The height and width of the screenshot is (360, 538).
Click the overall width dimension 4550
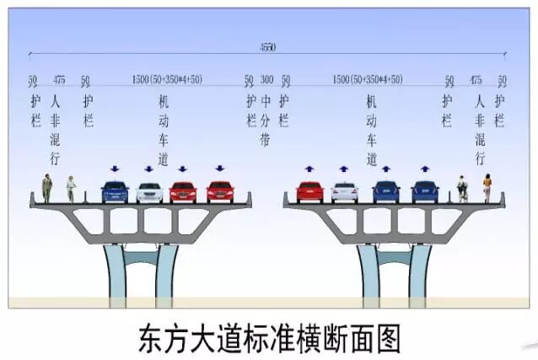click(267, 47)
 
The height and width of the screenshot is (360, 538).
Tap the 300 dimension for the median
click(266, 80)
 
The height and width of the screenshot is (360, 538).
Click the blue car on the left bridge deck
click(115, 192)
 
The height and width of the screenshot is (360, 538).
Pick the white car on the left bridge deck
click(149, 193)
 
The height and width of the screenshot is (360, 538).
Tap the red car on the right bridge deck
click(309, 192)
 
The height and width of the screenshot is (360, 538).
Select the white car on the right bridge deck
click(344, 193)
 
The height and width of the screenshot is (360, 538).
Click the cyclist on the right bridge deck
click(462, 189)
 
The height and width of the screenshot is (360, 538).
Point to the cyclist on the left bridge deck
click(71, 189)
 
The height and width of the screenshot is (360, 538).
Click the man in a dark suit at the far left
click(47, 187)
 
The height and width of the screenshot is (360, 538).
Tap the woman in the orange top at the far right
click(487, 187)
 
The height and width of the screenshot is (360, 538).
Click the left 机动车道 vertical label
click(163, 123)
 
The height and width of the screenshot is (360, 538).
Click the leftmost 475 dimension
click(58, 80)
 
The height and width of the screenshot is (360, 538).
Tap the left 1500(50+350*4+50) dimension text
click(167, 80)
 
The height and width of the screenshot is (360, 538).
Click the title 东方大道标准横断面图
click(268, 338)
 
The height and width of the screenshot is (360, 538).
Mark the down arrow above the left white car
click(149, 169)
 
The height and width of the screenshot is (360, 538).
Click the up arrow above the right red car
click(309, 169)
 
